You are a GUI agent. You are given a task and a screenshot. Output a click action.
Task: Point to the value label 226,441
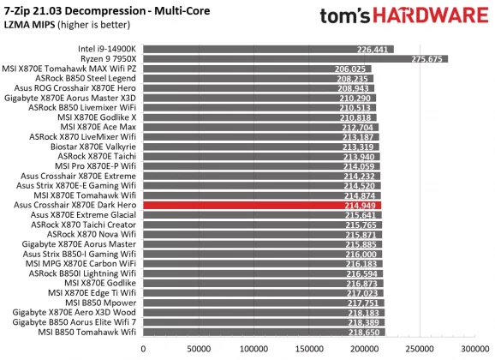(373, 50)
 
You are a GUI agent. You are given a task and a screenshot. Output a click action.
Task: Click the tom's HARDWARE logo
(401, 18)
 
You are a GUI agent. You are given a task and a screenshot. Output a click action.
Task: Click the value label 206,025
(353, 69)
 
